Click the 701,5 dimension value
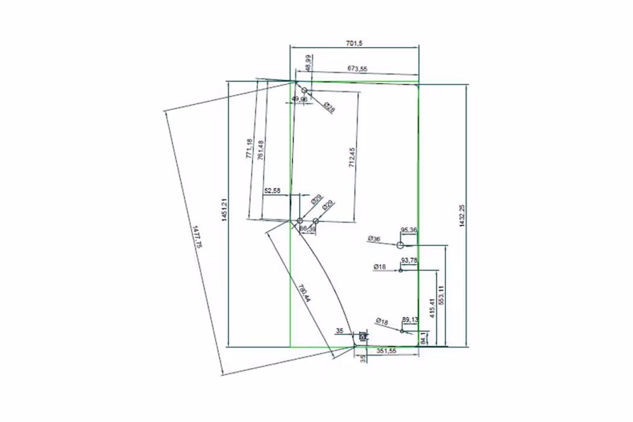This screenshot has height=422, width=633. click(x=354, y=42)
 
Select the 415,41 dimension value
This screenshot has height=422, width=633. click(x=432, y=308)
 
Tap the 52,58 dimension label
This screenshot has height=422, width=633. click(x=272, y=191)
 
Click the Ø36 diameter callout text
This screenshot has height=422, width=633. click(x=374, y=239)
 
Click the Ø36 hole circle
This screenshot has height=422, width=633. click(x=400, y=245)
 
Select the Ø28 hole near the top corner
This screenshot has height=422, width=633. click(x=305, y=90)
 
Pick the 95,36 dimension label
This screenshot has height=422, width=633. click(x=409, y=230)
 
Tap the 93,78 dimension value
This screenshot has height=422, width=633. click(x=409, y=260)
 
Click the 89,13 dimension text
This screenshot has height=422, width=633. click(x=410, y=320)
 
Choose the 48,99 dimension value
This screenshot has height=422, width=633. click(x=308, y=62)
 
